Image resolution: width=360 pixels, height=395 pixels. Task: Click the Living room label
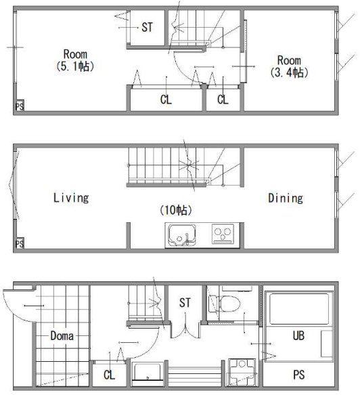[71, 198]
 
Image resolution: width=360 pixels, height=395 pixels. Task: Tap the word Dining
[286, 199]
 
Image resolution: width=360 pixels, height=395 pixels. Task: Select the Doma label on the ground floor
[62, 336]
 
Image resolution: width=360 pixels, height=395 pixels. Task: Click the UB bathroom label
[298, 335]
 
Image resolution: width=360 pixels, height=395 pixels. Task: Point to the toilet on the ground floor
[227, 304]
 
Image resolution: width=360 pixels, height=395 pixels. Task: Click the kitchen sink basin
[182, 235]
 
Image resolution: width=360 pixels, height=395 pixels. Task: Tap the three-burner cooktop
[223, 234]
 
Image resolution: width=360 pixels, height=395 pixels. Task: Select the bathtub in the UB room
[299, 308]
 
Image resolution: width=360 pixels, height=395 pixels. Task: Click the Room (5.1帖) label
[75, 60]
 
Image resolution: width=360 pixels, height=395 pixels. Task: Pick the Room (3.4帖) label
[289, 66]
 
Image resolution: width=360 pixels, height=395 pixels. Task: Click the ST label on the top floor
[147, 27]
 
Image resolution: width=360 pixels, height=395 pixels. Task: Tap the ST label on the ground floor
[185, 303]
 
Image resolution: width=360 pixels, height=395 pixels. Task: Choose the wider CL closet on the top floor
[166, 99]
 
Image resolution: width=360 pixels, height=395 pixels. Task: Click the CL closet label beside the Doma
[109, 375]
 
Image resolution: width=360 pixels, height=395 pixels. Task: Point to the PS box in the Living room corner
[20, 244]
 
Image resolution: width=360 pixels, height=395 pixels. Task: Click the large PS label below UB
[299, 375]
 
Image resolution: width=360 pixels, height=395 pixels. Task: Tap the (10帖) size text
[176, 210]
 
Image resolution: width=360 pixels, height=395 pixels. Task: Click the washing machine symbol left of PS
[242, 373]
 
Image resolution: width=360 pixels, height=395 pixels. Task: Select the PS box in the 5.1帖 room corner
[20, 106]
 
